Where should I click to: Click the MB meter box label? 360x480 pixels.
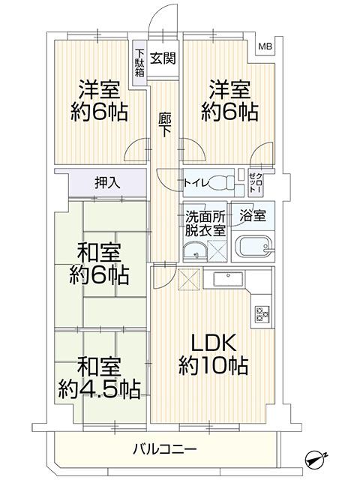(x=265, y=46)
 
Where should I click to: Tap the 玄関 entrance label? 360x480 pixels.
(x=163, y=58)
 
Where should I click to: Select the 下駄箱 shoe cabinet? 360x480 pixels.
(x=139, y=63)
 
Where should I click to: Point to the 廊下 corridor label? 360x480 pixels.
(x=165, y=125)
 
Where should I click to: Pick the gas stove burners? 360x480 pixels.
(x=262, y=313)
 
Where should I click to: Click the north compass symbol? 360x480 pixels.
(x=316, y=457)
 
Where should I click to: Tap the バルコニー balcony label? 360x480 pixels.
(x=164, y=450)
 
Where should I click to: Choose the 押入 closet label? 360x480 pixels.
(x=106, y=183)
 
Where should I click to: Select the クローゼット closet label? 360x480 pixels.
(x=255, y=183)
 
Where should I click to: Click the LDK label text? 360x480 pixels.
(x=213, y=343)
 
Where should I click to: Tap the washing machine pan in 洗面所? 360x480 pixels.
(x=217, y=251)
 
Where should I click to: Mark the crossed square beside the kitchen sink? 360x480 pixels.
(x=188, y=279)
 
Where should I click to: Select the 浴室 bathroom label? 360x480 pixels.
(x=253, y=216)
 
